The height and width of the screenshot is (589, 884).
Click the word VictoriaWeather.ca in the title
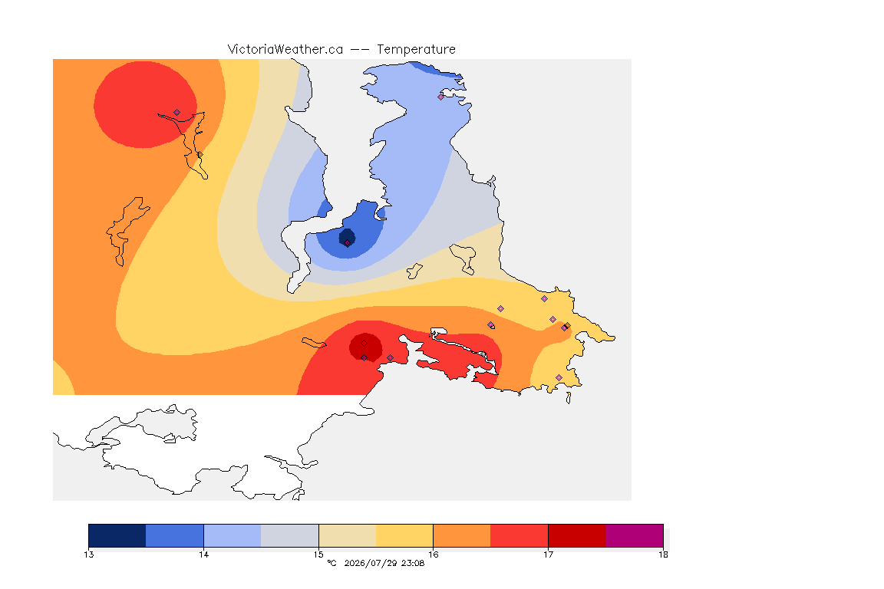click(285, 50)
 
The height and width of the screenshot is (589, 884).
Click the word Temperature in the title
click(416, 50)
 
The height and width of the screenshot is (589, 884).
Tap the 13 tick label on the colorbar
click(88, 554)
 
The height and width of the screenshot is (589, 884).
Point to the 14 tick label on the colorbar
click(203, 554)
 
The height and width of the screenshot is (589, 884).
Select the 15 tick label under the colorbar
click(318, 554)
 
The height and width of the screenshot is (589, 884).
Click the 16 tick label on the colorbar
click(433, 554)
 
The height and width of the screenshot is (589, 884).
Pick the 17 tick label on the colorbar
click(548, 554)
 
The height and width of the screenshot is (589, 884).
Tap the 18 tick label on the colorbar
click(663, 554)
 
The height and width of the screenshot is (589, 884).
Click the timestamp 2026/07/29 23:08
click(384, 563)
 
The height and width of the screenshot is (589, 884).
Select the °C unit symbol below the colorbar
click(331, 563)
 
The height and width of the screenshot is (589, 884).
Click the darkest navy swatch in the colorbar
click(117, 535)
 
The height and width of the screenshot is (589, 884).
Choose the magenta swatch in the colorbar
click(635, 535)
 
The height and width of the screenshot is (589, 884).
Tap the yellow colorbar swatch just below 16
click(404, 535)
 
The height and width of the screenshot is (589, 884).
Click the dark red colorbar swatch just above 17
click(577, 535)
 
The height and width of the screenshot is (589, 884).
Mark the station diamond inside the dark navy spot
click(348, 243)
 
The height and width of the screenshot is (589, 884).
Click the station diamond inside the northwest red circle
click(177, 113)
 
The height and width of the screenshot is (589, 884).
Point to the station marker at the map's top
click(441, 97)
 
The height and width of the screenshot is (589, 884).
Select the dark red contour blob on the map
click(365, 347)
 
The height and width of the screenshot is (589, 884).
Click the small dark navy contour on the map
click(347, 237)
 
